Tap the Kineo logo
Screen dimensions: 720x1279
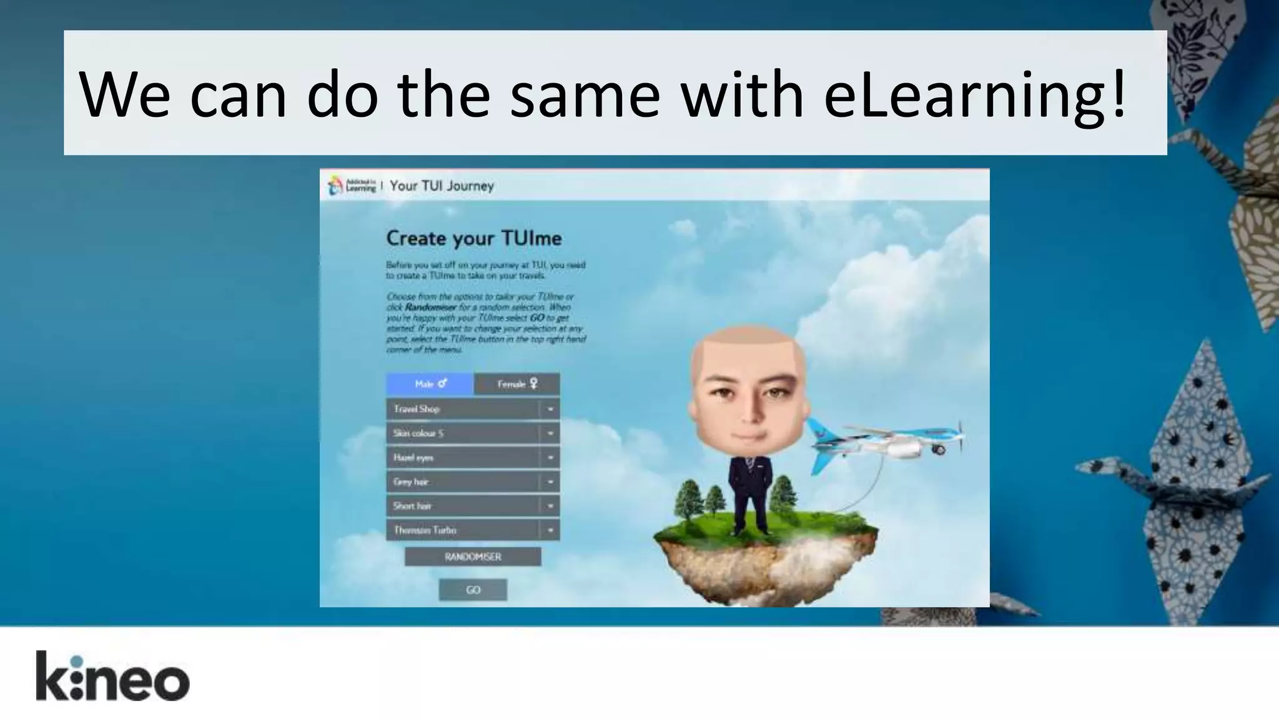click(112, 676)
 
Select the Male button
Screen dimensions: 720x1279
click(430, 384)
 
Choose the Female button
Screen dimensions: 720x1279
click(516, 384)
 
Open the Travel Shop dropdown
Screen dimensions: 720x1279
click(472, 409)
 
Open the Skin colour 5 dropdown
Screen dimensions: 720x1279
click(472, 433)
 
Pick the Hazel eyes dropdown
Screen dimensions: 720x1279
click(472, 457)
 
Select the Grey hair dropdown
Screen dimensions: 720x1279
click(472, 482)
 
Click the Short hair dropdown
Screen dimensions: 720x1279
click(472, 506)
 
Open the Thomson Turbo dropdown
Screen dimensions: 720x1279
click(472, 530)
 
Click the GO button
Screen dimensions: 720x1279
click(473, 589)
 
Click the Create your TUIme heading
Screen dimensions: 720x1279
click(473, 238)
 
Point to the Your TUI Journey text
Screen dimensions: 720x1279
click(442, 186)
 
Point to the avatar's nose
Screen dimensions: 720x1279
click(748, 409)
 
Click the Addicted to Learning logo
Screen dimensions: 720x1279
click(352, 185)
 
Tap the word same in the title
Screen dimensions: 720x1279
click(585, 95)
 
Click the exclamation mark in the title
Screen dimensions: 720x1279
click(1118, 95)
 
